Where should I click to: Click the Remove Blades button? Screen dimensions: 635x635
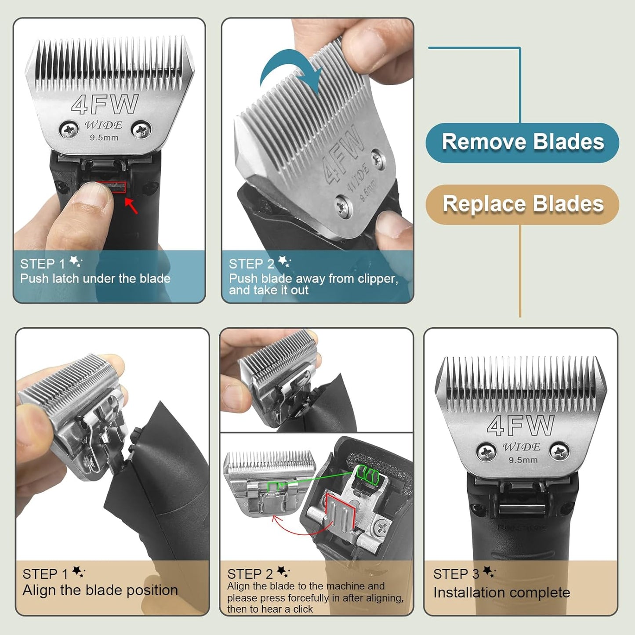[523, 142]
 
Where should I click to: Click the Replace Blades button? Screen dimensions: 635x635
[523, 204]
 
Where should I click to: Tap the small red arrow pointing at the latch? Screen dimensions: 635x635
[131, 206]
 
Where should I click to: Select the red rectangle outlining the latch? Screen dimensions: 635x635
[112, 187]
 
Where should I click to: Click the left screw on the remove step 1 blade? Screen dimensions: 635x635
[69, 130]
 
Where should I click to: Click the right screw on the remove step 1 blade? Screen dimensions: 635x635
[142, 130]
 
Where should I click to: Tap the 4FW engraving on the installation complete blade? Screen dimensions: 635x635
[521, 425]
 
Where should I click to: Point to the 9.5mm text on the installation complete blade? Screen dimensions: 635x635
[523, 460]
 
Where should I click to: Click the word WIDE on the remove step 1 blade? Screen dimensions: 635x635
[104, 125]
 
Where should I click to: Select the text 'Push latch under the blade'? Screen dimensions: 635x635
[95, 279]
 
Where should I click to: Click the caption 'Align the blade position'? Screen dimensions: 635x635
[100, 590]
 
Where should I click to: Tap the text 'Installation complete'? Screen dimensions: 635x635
[501, 593]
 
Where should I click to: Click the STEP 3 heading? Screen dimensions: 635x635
[456, 574]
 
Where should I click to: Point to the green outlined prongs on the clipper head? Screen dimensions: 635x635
[367, 474]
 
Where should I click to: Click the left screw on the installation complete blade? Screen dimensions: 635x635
[486, 452]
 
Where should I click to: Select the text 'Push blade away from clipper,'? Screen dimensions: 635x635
[313, 279]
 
